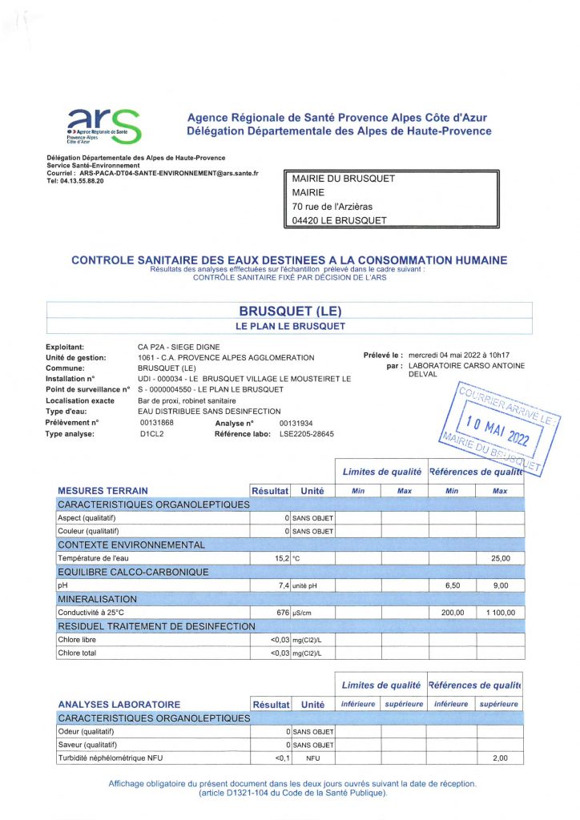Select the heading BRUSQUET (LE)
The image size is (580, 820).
click(x=289, y=311)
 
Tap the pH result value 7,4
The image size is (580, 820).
click(x=281, y=585)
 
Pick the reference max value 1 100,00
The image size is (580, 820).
click(x=500, y=613)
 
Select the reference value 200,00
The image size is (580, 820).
click(x=452, y=613)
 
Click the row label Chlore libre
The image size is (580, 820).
click(x=78, y=640)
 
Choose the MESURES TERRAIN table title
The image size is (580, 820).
click(x=103, y=490)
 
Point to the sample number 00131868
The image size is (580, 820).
click(x=157, y=422)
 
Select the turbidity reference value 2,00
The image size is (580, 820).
click(x=500, y=758)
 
